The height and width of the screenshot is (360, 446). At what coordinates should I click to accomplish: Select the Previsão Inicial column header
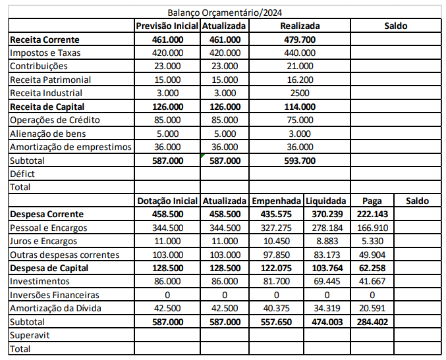[x=167, y=26]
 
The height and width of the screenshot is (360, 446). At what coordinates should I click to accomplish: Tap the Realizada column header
[x=300, y=26]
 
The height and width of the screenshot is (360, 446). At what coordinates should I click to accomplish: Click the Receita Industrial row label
[x=46, y=93]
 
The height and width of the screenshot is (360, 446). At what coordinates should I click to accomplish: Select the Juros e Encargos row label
[x=44, y=241]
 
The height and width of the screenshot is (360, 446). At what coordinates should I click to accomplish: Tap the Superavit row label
[x=29, y=335]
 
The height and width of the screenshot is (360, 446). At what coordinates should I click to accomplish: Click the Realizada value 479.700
[x=300, y=39]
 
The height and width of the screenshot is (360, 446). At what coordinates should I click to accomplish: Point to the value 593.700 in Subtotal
[x=300, y=160]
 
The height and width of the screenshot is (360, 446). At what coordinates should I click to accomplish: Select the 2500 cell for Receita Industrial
[x=300, y=93]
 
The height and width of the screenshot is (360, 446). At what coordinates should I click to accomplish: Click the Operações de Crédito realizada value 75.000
[x=300, y=120]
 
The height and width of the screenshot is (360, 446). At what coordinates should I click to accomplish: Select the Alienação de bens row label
[x=48, y=133]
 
